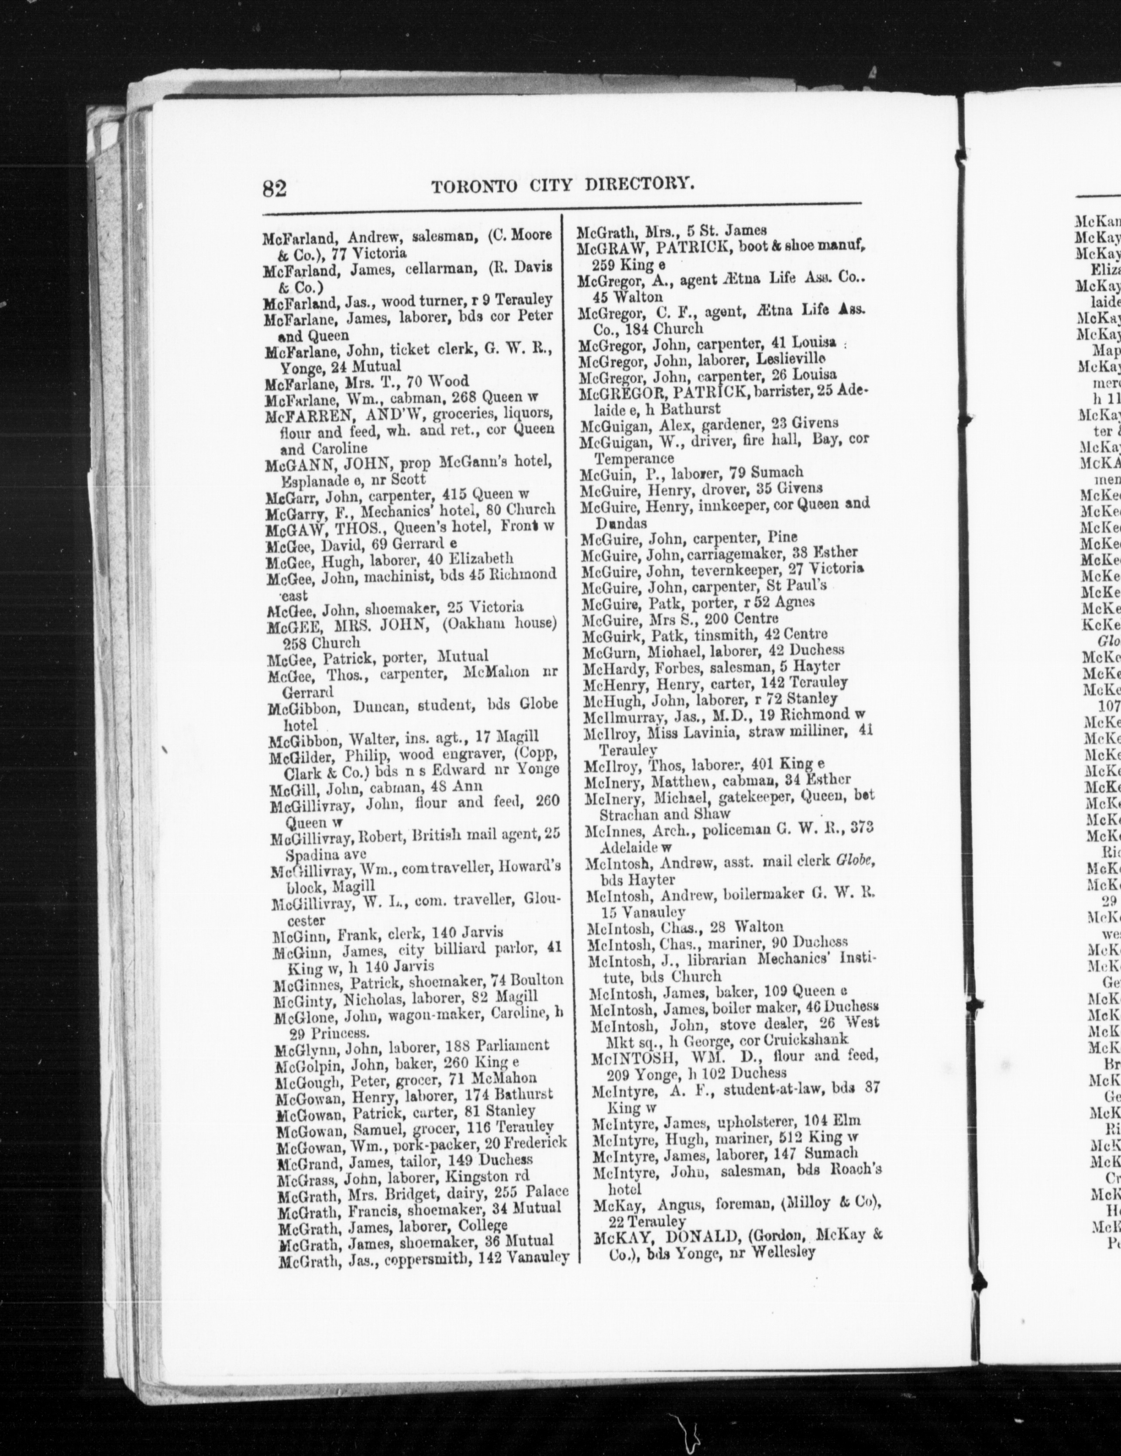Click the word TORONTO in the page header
point(473,186)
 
